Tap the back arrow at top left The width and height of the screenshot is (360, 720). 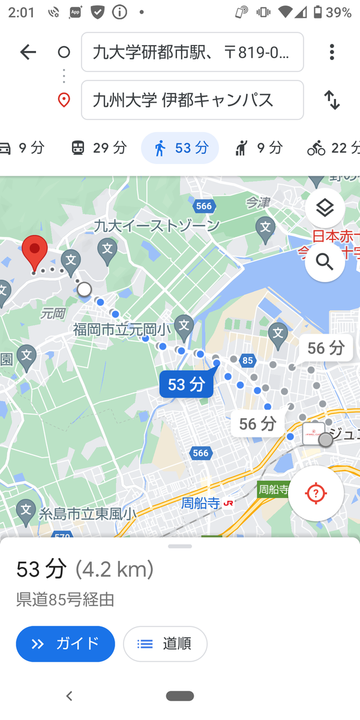28,52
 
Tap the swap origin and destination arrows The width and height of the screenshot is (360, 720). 332,100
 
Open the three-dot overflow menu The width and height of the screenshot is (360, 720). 332,52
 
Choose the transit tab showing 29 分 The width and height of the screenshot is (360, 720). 99,148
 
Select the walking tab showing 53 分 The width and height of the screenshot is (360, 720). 180,148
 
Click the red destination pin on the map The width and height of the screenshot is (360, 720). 35,252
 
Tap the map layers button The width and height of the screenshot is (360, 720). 325,208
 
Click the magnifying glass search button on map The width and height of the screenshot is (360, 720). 325,262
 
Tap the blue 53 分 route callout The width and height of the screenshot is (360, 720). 186,384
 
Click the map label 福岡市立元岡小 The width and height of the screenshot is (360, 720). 122,329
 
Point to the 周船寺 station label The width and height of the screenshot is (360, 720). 201,503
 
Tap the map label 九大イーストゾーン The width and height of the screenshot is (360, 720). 157,226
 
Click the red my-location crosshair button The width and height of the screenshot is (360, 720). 316,493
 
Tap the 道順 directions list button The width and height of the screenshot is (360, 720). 165,644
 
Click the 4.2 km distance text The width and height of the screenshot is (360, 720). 115,569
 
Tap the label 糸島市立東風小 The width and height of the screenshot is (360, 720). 87,514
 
